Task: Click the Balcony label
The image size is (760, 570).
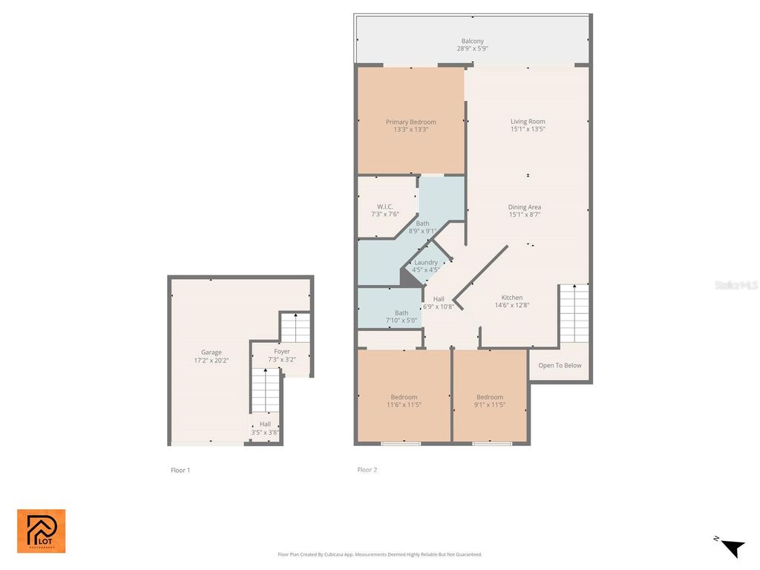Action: [x=472, y=41]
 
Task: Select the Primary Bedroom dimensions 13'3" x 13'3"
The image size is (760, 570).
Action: [x=410, y=130]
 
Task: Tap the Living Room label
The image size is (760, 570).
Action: [x=527, y=122]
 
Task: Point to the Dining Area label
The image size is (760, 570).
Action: [x=524, y=207]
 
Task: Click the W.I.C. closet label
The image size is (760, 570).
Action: [x=384, y=206]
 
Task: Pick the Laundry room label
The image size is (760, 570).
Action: [x=425, y=263]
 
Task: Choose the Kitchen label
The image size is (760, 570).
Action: [x=511, y=298]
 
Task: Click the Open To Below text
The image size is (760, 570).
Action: [x=560, y=365]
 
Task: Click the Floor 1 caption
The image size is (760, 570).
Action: [x=180, y=470]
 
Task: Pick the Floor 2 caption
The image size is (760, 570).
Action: [x=367, y=470]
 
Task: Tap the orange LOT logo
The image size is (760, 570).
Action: [x=42, y=531]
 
